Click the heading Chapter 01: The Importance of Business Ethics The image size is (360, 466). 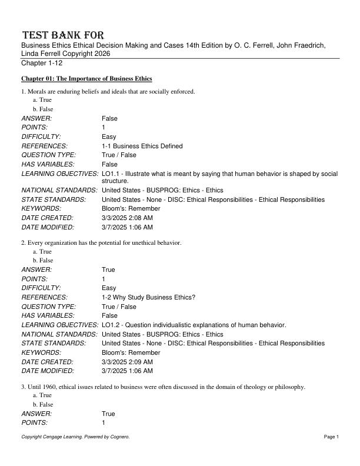click(x=87, y=78)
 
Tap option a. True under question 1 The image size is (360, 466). click(x=42, y=100)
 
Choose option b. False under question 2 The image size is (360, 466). click(x=43, y=260)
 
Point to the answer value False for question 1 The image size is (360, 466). click(x=109, y=118)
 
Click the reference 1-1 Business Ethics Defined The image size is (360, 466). click(x=142, y=146)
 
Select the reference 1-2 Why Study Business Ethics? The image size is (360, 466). click(x=148, y=297)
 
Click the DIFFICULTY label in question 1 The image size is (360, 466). click(x=41, y=137)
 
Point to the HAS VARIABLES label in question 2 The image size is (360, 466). click(x=48, y=315)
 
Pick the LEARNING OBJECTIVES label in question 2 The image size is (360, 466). click(x=59, y=325)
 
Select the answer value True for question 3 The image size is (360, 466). click(x=108, y=414)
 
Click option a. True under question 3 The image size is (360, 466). click(x=42, y=395)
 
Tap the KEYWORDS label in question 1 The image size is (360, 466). click(x=39, y=208)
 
